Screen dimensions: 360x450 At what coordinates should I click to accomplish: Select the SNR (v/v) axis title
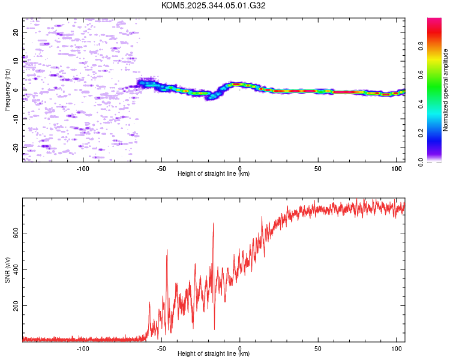coord(7,270)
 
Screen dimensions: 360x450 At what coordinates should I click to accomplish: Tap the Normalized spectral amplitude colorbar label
coord(445,90)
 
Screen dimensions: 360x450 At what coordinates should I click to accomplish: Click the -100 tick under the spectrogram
coord(83,168)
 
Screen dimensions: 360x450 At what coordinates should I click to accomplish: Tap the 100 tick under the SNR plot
coord(397,348)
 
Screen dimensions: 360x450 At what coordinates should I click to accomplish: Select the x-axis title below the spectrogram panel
coord(214,174)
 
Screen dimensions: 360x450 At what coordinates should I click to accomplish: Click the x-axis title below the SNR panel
coord(214,354)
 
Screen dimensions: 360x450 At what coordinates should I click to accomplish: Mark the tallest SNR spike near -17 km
coord(213,223)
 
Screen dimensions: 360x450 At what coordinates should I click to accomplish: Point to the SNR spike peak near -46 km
coord(167,250)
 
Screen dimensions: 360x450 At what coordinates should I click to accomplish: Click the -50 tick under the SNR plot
coord(161,348)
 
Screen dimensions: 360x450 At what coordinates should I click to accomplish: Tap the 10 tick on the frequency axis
coord(16,61)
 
